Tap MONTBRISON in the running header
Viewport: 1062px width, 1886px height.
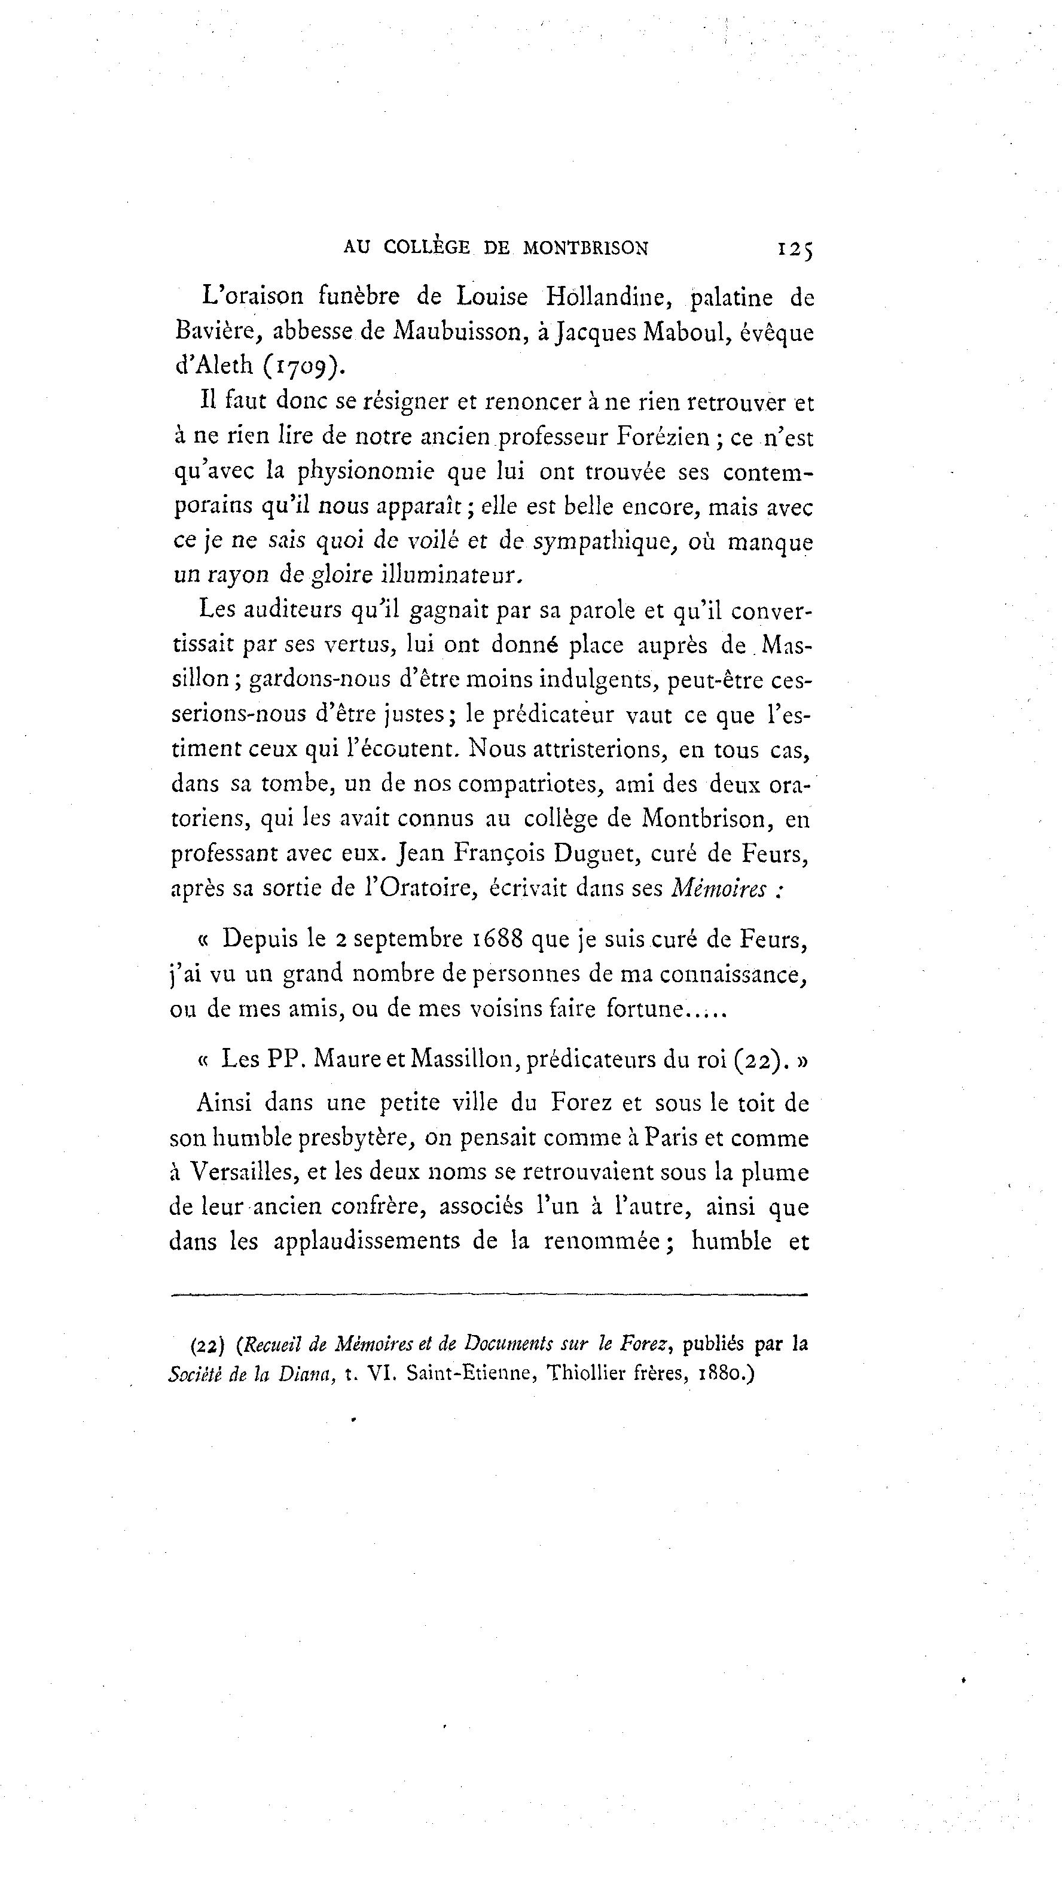point(585,248)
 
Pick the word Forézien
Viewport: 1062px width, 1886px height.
point(663,437)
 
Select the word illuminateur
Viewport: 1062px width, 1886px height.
point(451,575)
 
